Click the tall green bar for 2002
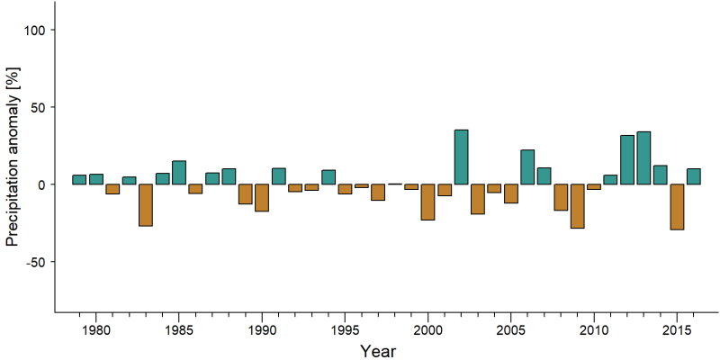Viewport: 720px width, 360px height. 461,157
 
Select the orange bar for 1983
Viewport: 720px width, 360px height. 146,205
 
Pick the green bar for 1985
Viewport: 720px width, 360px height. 179,172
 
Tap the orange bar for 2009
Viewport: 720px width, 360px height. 578,206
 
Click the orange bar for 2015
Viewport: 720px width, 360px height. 677,207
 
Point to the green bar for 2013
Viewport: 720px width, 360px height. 643,158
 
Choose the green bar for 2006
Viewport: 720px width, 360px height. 527,166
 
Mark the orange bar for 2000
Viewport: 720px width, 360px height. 428,202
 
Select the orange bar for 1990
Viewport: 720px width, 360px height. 262,197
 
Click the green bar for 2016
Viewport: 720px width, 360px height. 693,176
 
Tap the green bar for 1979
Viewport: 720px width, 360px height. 79,179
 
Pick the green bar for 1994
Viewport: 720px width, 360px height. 328,176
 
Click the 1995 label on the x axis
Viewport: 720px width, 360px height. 345,330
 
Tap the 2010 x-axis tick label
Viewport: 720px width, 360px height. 594,330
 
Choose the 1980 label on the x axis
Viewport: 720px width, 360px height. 95,330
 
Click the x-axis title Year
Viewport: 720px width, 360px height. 377,351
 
